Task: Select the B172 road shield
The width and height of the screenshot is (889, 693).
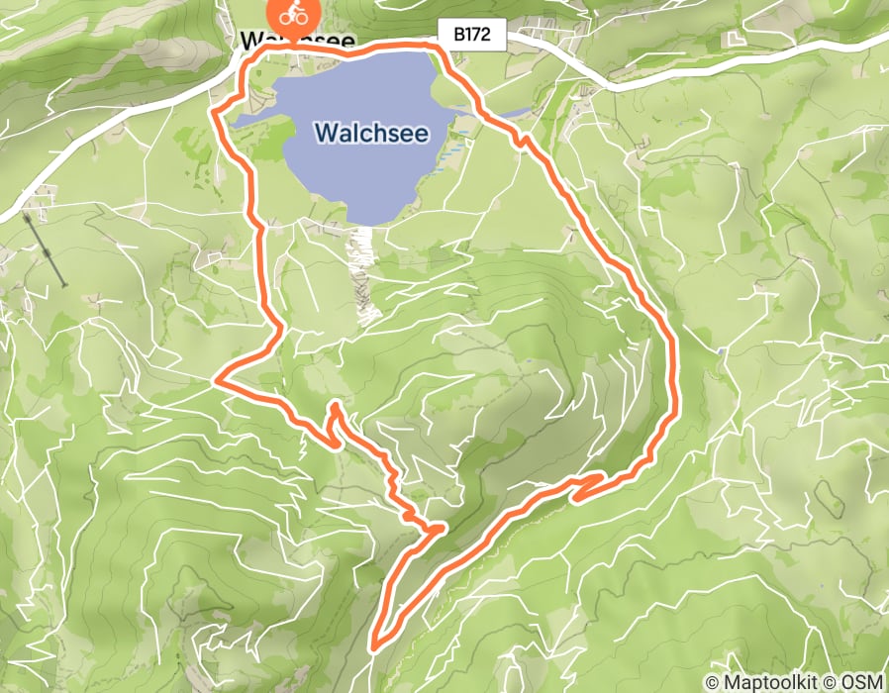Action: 472,36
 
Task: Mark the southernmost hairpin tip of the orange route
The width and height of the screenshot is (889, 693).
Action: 374,648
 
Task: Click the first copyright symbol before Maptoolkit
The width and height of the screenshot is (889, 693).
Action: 713,682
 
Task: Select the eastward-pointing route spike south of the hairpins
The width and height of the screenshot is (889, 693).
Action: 440,530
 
